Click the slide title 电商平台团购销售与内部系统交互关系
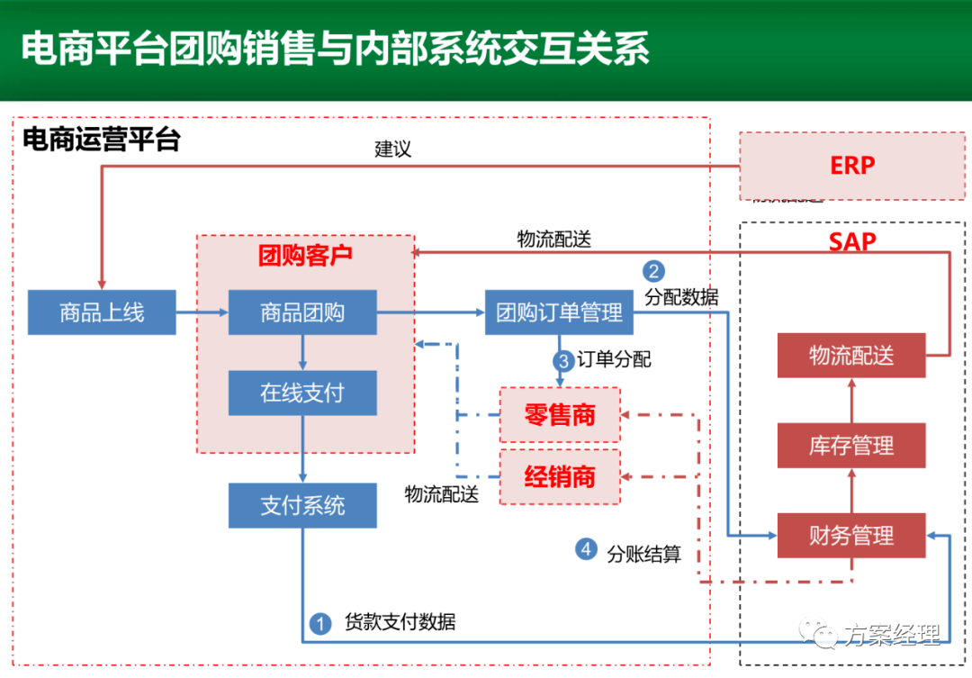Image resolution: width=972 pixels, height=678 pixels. (x=334, y=49)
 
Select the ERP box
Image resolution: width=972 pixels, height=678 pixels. (x=851, y=166)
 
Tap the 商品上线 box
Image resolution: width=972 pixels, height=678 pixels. (x=102, y=312)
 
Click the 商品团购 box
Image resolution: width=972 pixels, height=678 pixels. (x=301, y=312)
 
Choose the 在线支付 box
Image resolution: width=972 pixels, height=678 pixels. (x=301, y=393)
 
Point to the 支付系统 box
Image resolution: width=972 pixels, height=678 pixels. (x=301, y=505)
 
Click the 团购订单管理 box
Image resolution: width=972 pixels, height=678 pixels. (x=559, y=312)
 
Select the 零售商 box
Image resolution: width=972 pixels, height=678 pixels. (x=560, y=415)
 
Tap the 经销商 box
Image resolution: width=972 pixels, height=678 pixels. (x=560, y=476)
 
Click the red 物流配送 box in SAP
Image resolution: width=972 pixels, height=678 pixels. (x=850, y=355)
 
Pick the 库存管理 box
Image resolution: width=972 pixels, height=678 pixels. (x=850, y=445)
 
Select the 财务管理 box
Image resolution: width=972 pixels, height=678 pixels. (x=850, y=536)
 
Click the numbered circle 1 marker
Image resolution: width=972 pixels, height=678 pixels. (x=319, y=622)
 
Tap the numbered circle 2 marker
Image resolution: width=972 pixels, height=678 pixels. (x=653, y=271)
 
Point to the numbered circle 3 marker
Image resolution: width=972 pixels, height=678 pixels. (x=563, y=360)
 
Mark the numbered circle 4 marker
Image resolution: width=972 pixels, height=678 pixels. (x=587, y=548)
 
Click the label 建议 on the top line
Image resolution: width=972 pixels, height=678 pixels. (x=393, y=149)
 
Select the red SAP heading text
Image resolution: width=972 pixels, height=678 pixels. (x=851, y=241)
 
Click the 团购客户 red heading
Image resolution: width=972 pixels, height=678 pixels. (x=305, y=256)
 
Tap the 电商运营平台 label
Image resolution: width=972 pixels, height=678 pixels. (x=101, y=140)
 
